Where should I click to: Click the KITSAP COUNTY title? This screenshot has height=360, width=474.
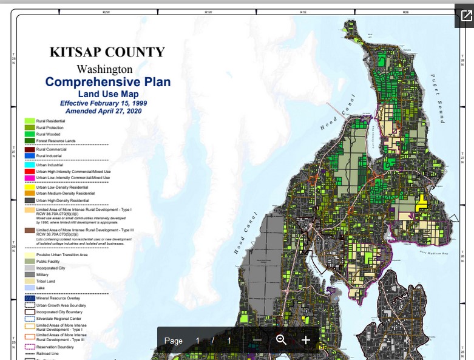(107, 52)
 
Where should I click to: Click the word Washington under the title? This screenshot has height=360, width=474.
(104, 69)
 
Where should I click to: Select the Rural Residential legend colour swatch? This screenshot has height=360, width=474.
(29, 121)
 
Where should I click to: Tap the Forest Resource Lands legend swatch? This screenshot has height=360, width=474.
(29, 140)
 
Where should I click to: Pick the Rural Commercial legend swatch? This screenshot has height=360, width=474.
(29, 149)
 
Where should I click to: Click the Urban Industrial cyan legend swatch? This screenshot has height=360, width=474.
(29, 165)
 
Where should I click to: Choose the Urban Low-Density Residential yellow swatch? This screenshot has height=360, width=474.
(29, 186)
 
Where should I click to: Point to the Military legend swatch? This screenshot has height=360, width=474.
(29, 274)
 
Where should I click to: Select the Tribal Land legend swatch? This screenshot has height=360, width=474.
(29, 281)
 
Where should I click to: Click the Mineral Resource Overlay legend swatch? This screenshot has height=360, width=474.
(29, 299)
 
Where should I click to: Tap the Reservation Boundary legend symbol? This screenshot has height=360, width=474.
(29, 347)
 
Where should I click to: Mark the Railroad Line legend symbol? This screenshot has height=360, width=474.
(29, 353)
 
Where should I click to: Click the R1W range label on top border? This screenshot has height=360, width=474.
(208, 12)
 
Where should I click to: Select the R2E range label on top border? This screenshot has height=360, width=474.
(405, 12)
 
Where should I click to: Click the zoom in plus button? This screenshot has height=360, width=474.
(306, 340)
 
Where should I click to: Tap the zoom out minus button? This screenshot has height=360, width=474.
(257, 340)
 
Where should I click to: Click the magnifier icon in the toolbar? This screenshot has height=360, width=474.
(281, 340)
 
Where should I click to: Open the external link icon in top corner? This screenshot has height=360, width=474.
(466, 16)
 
